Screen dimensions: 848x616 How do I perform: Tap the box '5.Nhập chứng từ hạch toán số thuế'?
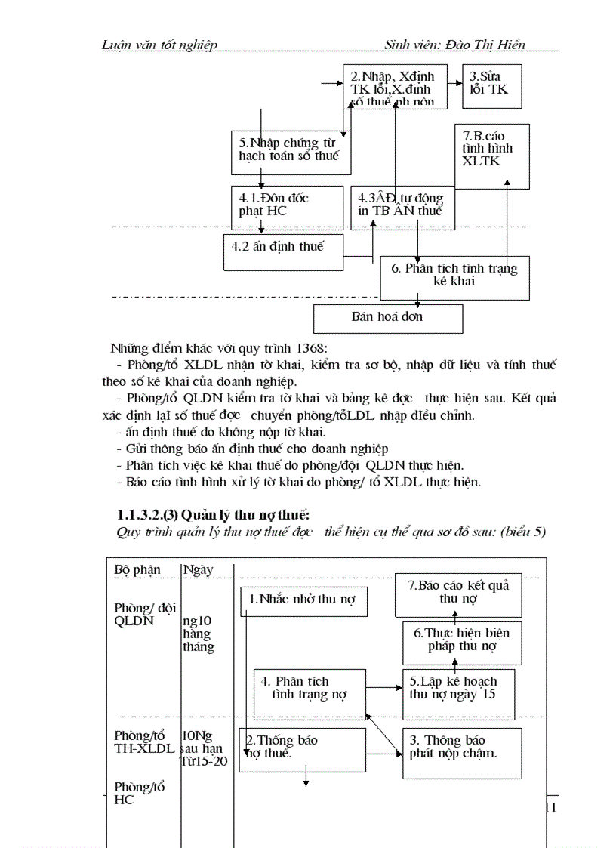[x=291, y=151]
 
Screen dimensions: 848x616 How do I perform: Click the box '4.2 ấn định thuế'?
[x=283, y=251]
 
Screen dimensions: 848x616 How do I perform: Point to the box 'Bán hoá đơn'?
[x=387, y=317]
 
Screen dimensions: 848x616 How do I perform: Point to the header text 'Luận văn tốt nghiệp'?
[x=160, y=45]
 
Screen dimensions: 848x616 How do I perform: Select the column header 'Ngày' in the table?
[x=198, y=570]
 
